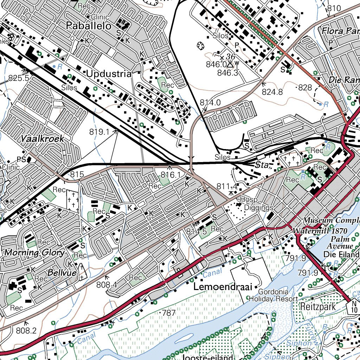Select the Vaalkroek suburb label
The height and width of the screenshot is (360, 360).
tap(42, 139)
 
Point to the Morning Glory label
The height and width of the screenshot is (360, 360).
tap(34, 252)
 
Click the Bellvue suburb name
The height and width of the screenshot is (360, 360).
tap(62, 272)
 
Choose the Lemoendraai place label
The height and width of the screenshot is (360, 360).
tap(223, 287)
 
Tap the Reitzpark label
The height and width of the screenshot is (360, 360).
tap(318, 307)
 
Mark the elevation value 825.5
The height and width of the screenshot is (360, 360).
tap(18, 78)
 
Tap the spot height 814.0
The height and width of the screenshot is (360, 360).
tap(210, 102)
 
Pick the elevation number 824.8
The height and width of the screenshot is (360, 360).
tap(272, 92)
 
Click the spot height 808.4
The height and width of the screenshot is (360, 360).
tap(107, 284)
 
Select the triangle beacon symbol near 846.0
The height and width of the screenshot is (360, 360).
tap(230, 65)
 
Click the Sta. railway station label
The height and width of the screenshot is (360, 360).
tap(262, 165)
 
